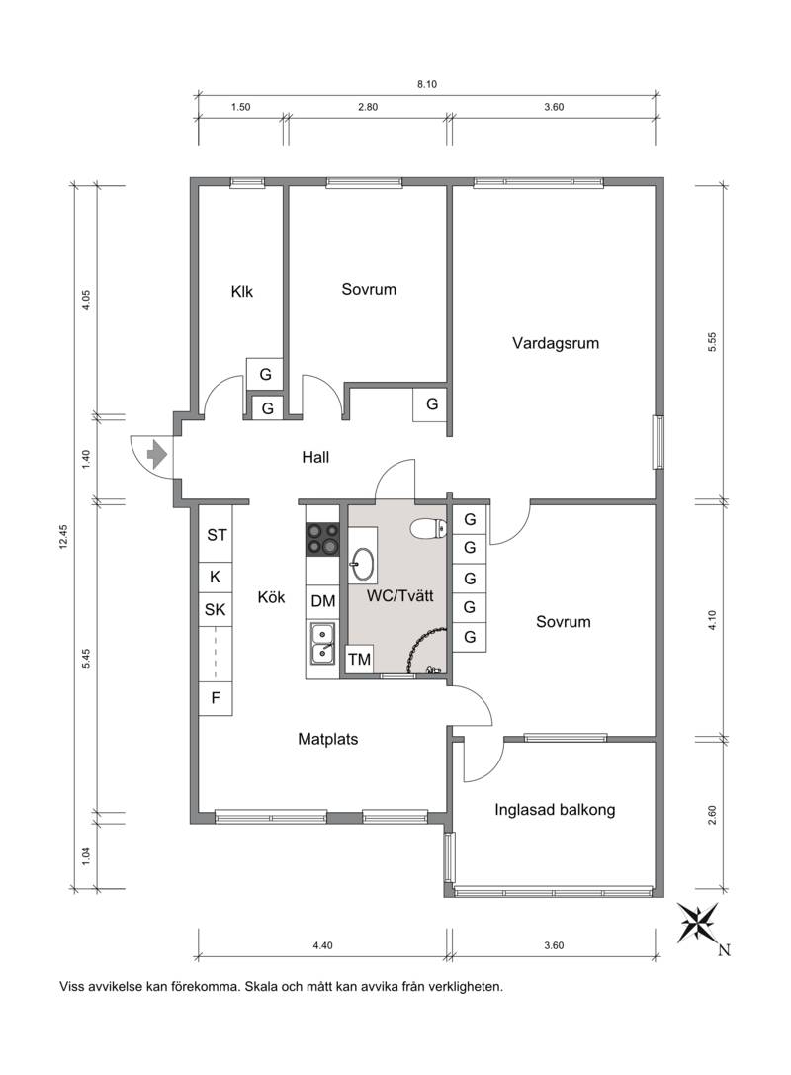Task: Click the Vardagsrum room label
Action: [556, 343]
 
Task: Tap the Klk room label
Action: [242, 292]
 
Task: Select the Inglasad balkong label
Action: [555, 810]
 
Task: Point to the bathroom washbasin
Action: [362, 564]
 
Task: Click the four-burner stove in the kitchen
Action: [323, 539]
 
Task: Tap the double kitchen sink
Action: [322, 644]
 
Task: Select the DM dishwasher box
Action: [323, 601]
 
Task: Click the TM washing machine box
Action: [359, 660]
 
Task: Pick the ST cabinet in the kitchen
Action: [217, 535]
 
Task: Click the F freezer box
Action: [216, 698]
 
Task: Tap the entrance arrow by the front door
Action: [157, 454]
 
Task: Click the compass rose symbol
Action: [698, 923]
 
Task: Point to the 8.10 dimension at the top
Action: [427, 84]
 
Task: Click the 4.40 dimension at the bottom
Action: [323, 945]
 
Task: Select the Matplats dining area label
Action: [327, 739]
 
